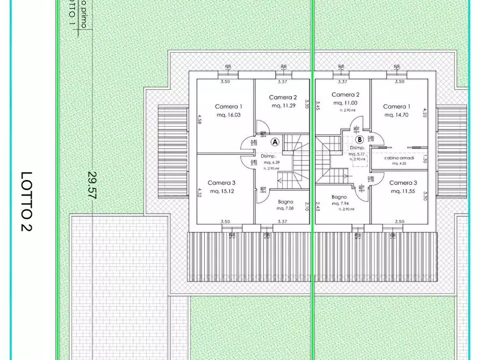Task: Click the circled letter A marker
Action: [275, 142]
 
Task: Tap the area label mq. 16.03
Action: [229, 115]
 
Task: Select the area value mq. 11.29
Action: [283, 106]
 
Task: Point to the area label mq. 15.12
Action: [221, 191]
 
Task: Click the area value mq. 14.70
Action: [395, 115]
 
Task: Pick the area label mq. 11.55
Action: [403, 191]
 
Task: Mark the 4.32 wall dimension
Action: [199, 193]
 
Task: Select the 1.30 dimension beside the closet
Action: [425, 159]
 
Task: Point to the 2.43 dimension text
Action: [318, 207]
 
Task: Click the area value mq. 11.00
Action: [345, 103]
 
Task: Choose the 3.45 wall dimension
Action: [318, 105]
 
